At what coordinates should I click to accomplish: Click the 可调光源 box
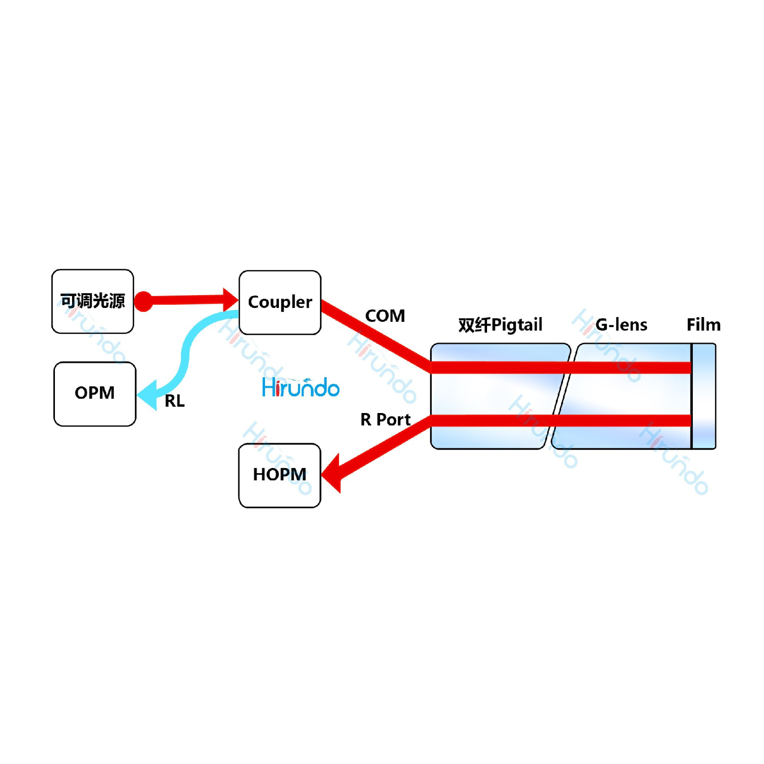[x=93, y=301]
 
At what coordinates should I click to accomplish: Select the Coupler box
[x=280, y=302]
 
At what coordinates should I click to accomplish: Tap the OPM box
[x=95, y=393]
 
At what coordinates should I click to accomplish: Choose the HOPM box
[x=280, y=475]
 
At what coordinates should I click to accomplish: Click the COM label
[x=385, y=316]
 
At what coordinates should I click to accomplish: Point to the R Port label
[x=385, y=420]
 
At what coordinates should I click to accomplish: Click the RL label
[x=175, y=401]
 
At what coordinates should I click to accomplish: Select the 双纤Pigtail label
[x=500, y=325]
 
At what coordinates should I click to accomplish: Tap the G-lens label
[x=621, y=325]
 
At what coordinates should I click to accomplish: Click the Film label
[x=703, y=325]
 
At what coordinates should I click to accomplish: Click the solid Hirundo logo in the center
[x=301, y=387]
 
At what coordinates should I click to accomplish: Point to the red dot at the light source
[x=143, y=301]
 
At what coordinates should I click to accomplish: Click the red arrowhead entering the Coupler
[x=230, y=300]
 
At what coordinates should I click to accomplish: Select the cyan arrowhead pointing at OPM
[x=148, y=395]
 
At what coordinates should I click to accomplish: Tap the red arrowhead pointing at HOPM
[x=332, y=474]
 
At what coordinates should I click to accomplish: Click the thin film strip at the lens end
[x=703, y=396]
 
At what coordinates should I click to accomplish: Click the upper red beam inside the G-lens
[x=630, y=367]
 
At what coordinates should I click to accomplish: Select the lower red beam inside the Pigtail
[x=492, y=421]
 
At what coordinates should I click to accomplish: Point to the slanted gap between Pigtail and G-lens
[x=562, y=396]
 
